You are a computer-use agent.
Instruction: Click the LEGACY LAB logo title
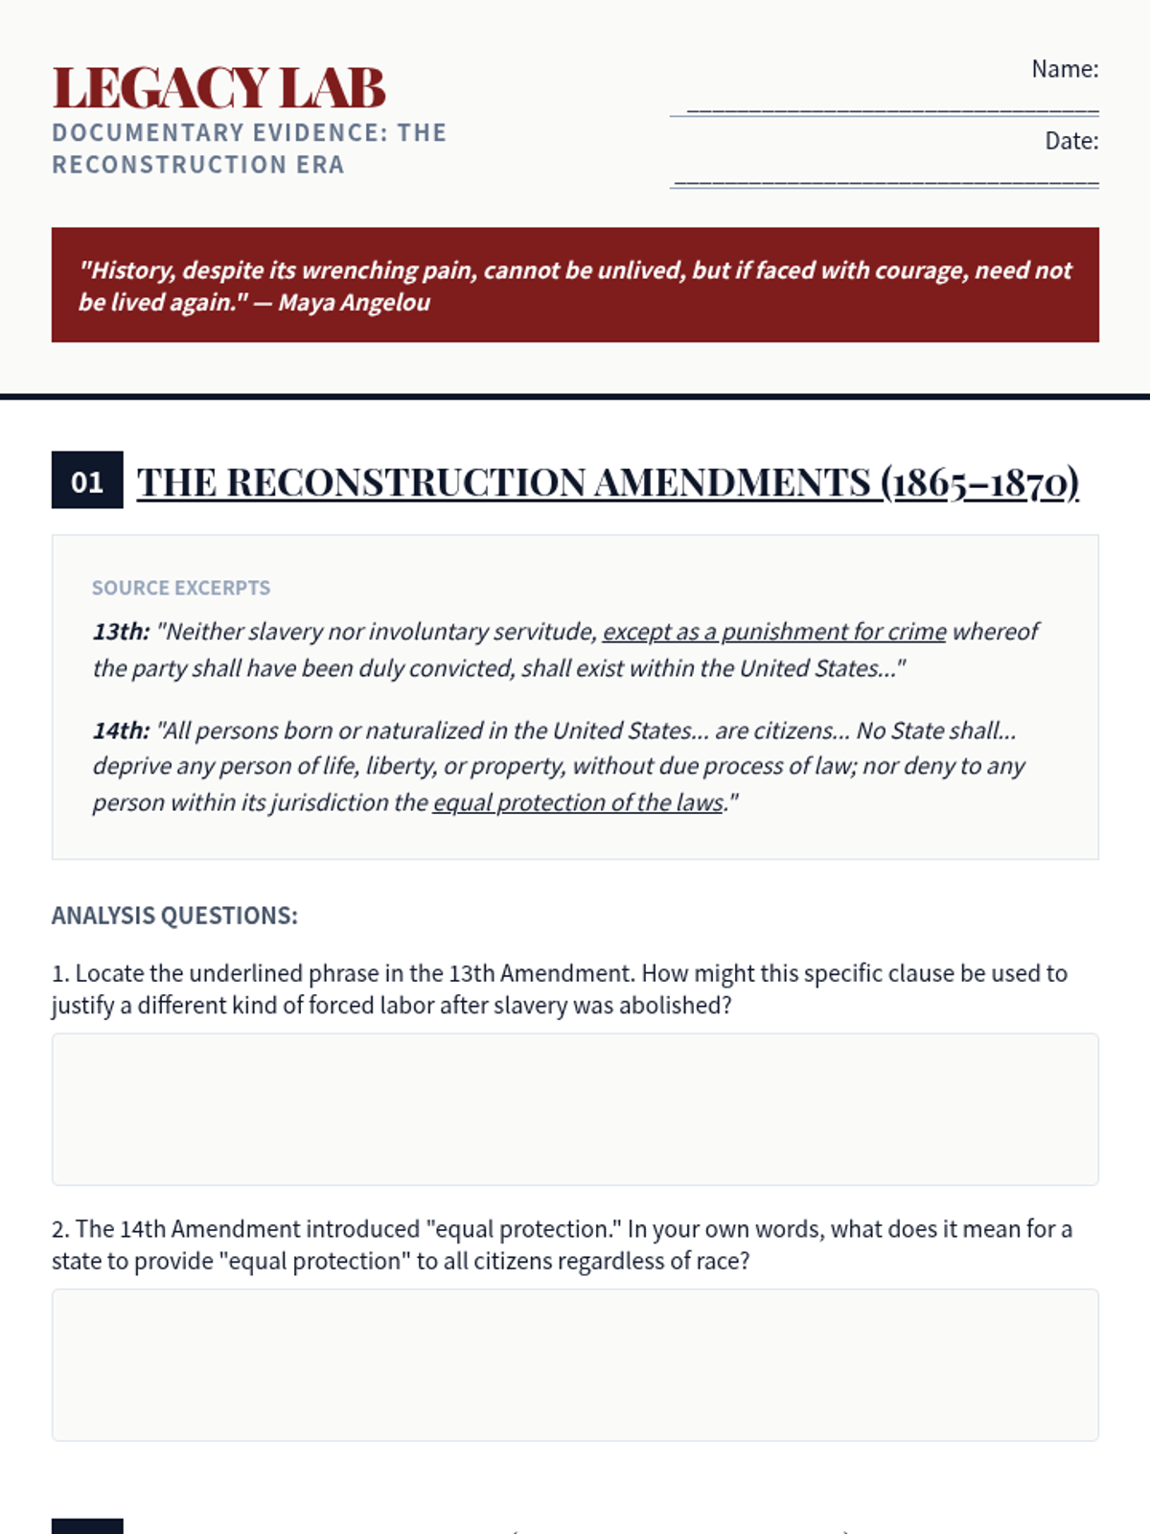pyautogui.click(x=218, y=88)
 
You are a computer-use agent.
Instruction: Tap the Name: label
pyautogui.click(x=1064, y=69)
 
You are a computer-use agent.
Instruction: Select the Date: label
pyautogui.click(x=1070, y=141)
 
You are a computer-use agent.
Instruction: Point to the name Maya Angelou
pyautogui.click(x=354, y=303)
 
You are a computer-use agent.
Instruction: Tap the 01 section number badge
pyautogui.click(x=87, y=480)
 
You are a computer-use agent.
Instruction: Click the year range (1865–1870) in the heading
pyautogui.click(x=979, y=482)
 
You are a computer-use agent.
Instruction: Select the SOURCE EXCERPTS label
pyautogui.click(x=181, y=588)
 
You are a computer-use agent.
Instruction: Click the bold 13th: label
pyautogui.click(x=121, y=632)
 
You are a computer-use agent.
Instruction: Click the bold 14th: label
pyautogui.click(x=121, y=731)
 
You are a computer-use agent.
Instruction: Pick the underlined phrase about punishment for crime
pyautogui.click(x=773, y=632)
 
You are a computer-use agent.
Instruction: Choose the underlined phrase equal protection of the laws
pyautogui.click(x=578, y=802)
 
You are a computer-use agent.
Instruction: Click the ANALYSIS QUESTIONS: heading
pyautogui.click(x=174, y=916)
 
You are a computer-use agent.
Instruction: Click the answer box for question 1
pyautogui.click(x=575, y=1109)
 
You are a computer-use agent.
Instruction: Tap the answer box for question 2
pyautogui.click(x=575, y=1364)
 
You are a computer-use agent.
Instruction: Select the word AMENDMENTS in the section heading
pyautogui.click(x=732, y=482)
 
